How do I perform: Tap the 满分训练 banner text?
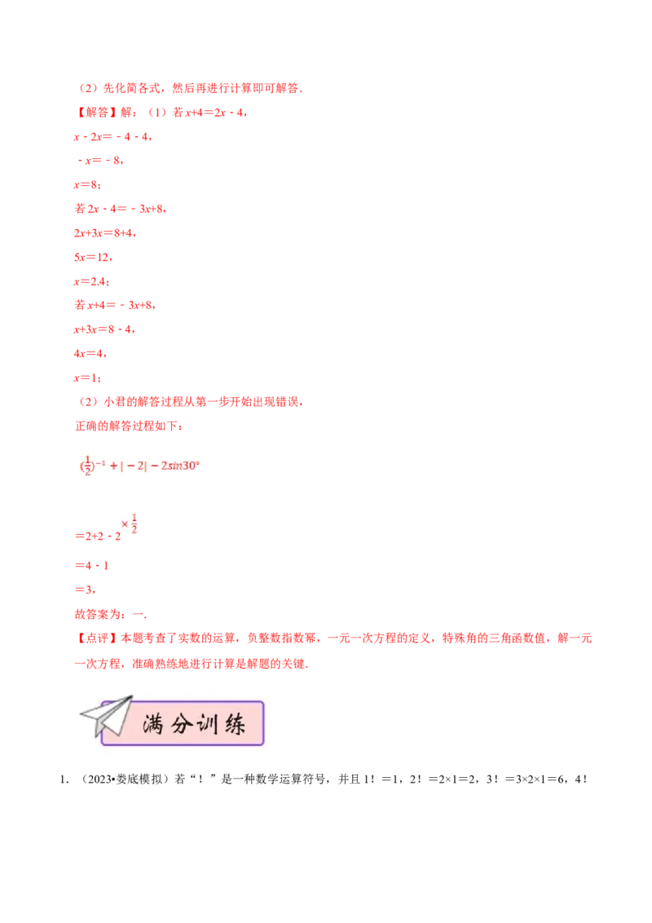[x=194, y=724]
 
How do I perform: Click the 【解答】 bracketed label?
[x=95, y=113]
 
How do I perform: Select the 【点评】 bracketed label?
[x=95, y=638]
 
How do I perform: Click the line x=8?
[x=87, y=185]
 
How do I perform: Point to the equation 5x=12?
[x=93, y=257]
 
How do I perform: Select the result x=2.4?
[x=91, y=281]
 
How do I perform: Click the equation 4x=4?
[x=90, y=354]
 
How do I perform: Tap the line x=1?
[x=87, y=378]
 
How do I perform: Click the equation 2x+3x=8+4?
[x=105, y=233]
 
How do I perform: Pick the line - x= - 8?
[x=100, y=161]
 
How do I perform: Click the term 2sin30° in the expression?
[x=181, y=466]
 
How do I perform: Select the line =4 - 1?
[x=92, y=566]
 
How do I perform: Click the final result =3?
[x=85, y=590]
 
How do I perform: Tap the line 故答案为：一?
[x=111, y=615]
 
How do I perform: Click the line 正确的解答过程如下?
[x=128, y=426]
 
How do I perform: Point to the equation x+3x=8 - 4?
[x=104, y=329]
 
